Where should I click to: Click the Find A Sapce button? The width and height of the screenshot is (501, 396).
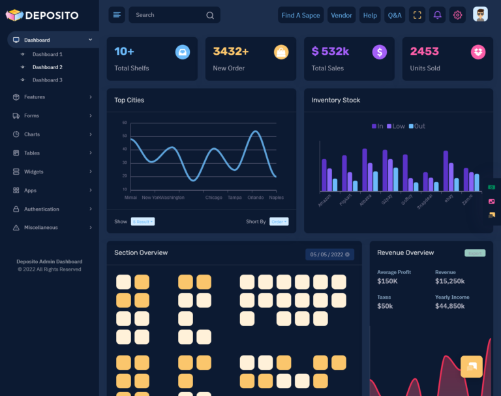coord(301,15)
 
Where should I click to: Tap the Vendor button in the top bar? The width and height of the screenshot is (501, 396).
coord(341,15)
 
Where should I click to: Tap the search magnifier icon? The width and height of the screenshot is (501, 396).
coord(209,15)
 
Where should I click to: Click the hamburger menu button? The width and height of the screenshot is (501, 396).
coord(117,15)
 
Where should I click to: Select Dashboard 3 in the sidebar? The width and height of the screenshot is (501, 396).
coord(48,80)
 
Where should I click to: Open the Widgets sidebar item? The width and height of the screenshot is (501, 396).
coord(34,172)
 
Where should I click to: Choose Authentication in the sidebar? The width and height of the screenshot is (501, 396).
coord(42,209)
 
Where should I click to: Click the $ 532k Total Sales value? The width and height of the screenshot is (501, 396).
coord(330,51)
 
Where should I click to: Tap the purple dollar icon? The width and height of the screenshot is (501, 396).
coord(380,52)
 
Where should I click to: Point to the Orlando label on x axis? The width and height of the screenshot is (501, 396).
coord(256,197)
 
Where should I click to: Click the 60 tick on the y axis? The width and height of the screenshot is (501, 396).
coord(125,122)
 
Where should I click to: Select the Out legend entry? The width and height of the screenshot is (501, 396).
coord(417,126)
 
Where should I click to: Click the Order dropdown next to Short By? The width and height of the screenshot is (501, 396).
coord(279,222)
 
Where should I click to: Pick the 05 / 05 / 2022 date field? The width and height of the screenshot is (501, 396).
coord(329,254)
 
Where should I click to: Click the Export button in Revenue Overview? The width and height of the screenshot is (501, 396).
coord(475,253)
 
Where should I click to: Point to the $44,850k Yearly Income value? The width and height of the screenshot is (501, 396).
coord(450,306)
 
